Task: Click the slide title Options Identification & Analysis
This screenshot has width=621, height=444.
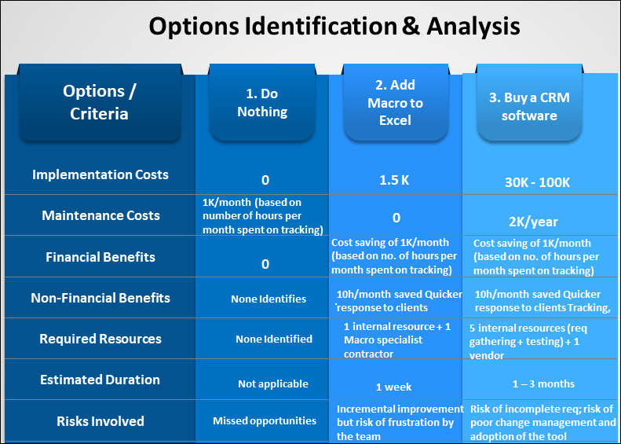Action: pos(334,26)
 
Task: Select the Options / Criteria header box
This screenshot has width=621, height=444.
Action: pos(99,102)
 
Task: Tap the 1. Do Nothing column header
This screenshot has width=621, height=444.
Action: pos(261,102)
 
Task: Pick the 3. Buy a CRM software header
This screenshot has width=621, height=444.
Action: pos(529,106)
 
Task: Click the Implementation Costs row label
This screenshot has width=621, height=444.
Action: pos(100,174)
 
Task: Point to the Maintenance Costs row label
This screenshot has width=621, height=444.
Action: pos(100,215)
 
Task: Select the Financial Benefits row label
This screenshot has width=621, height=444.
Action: pos(100,257)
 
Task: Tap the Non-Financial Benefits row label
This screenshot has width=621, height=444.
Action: pos(100,298)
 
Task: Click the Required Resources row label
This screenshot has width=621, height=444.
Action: pos(100,339)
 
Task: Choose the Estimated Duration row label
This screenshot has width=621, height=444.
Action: pos(100,380)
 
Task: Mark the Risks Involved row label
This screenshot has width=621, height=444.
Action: pos(100,421)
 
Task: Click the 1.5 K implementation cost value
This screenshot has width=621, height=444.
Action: pos(394,180)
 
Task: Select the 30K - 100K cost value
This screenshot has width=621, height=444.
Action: pos(538,182)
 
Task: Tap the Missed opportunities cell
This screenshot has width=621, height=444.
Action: pos(265,420)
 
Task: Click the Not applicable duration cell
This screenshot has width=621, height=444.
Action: pos(273,384)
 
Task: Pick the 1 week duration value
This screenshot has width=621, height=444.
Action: pos(393,387)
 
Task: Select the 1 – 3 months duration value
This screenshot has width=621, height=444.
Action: pos(543,383)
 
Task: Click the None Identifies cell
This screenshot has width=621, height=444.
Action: pos(268,299)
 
